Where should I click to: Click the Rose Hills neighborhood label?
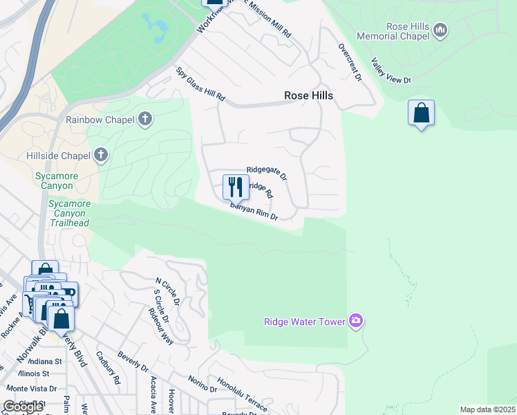(308, 95)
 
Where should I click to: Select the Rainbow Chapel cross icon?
(144, 119)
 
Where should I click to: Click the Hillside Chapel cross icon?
(101, 154)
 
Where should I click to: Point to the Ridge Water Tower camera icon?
(356, 320)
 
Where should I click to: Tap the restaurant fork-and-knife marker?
(235, 186)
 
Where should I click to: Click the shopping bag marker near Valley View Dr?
(421, 113)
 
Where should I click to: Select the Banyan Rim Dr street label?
(254, 212)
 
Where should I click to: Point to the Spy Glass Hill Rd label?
(201, 84)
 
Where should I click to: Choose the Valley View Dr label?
(391, 71)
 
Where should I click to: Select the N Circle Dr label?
(167, 292)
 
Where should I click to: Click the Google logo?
(23, 406)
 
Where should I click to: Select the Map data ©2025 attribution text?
(487, 409)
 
